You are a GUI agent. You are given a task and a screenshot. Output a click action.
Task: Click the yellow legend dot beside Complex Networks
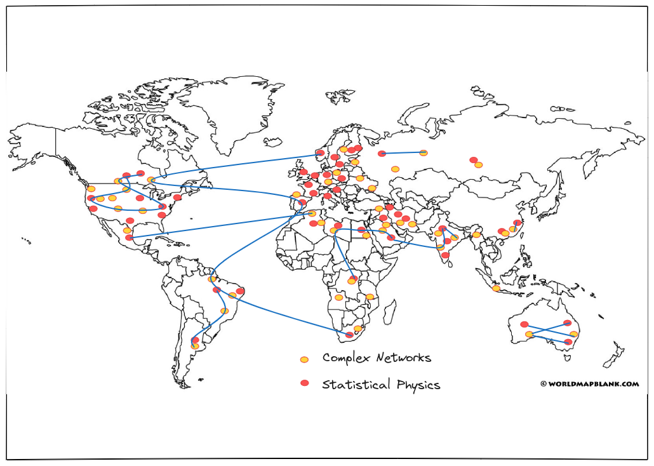(305, 359)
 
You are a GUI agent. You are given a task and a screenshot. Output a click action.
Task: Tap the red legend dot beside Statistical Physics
(305, 383)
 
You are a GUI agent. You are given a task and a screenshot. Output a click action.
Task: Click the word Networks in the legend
(404, 357)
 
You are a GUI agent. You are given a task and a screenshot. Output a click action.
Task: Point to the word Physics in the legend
(418, 385)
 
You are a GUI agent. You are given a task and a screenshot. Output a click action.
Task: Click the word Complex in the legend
(346, 358)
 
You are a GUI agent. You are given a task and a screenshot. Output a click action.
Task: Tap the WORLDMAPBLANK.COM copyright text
(590, 384)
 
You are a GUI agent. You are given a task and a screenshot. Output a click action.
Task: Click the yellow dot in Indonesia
(496, 288)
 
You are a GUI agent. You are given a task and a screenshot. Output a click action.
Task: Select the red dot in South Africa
(349, 335)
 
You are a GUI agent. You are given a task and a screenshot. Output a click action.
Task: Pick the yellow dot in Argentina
(195, 346)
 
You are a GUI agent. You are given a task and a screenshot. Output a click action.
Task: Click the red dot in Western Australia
(524, 324)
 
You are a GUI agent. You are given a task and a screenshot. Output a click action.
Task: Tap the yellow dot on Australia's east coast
(574, 334)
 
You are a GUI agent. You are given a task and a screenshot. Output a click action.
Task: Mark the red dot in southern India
(446, 255)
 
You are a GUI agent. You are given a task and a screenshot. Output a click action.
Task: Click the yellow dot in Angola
(338, 298)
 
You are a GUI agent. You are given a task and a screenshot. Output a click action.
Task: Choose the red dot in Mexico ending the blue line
(130, 237)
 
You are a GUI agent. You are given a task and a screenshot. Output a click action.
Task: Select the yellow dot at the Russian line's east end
(424, 153)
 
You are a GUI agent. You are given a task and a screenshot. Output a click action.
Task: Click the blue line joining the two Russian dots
(403, 153)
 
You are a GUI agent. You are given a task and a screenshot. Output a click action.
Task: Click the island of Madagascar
(389, 314)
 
